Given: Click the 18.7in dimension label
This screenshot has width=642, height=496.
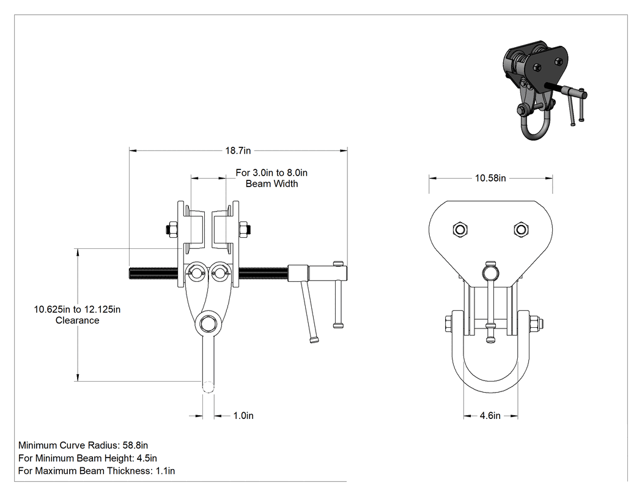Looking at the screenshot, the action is click(238, 150).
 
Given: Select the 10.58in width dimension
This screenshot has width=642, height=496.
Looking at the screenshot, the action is click(490, 178).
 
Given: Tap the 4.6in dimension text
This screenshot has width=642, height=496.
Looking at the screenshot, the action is click(490, 416).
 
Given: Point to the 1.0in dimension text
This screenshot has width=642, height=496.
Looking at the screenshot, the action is click(243, 416).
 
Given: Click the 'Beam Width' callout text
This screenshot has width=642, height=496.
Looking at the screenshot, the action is click(272, 184).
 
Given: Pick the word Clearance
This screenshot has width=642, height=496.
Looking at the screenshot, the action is click(78, 320).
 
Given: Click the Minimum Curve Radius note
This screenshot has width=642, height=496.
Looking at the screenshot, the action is click(83, 445).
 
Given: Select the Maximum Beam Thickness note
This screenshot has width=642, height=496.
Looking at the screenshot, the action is click(97, 471).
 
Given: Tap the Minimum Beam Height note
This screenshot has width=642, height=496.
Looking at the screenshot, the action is click(87, 458).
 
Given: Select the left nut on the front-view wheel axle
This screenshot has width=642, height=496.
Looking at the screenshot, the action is click(172, 229).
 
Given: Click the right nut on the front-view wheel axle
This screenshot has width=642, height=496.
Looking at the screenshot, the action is click(245, 229).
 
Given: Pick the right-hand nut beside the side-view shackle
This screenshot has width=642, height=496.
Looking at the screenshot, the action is click(536, 324).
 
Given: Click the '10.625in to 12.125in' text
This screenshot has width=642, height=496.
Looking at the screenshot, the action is click(78, 309).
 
